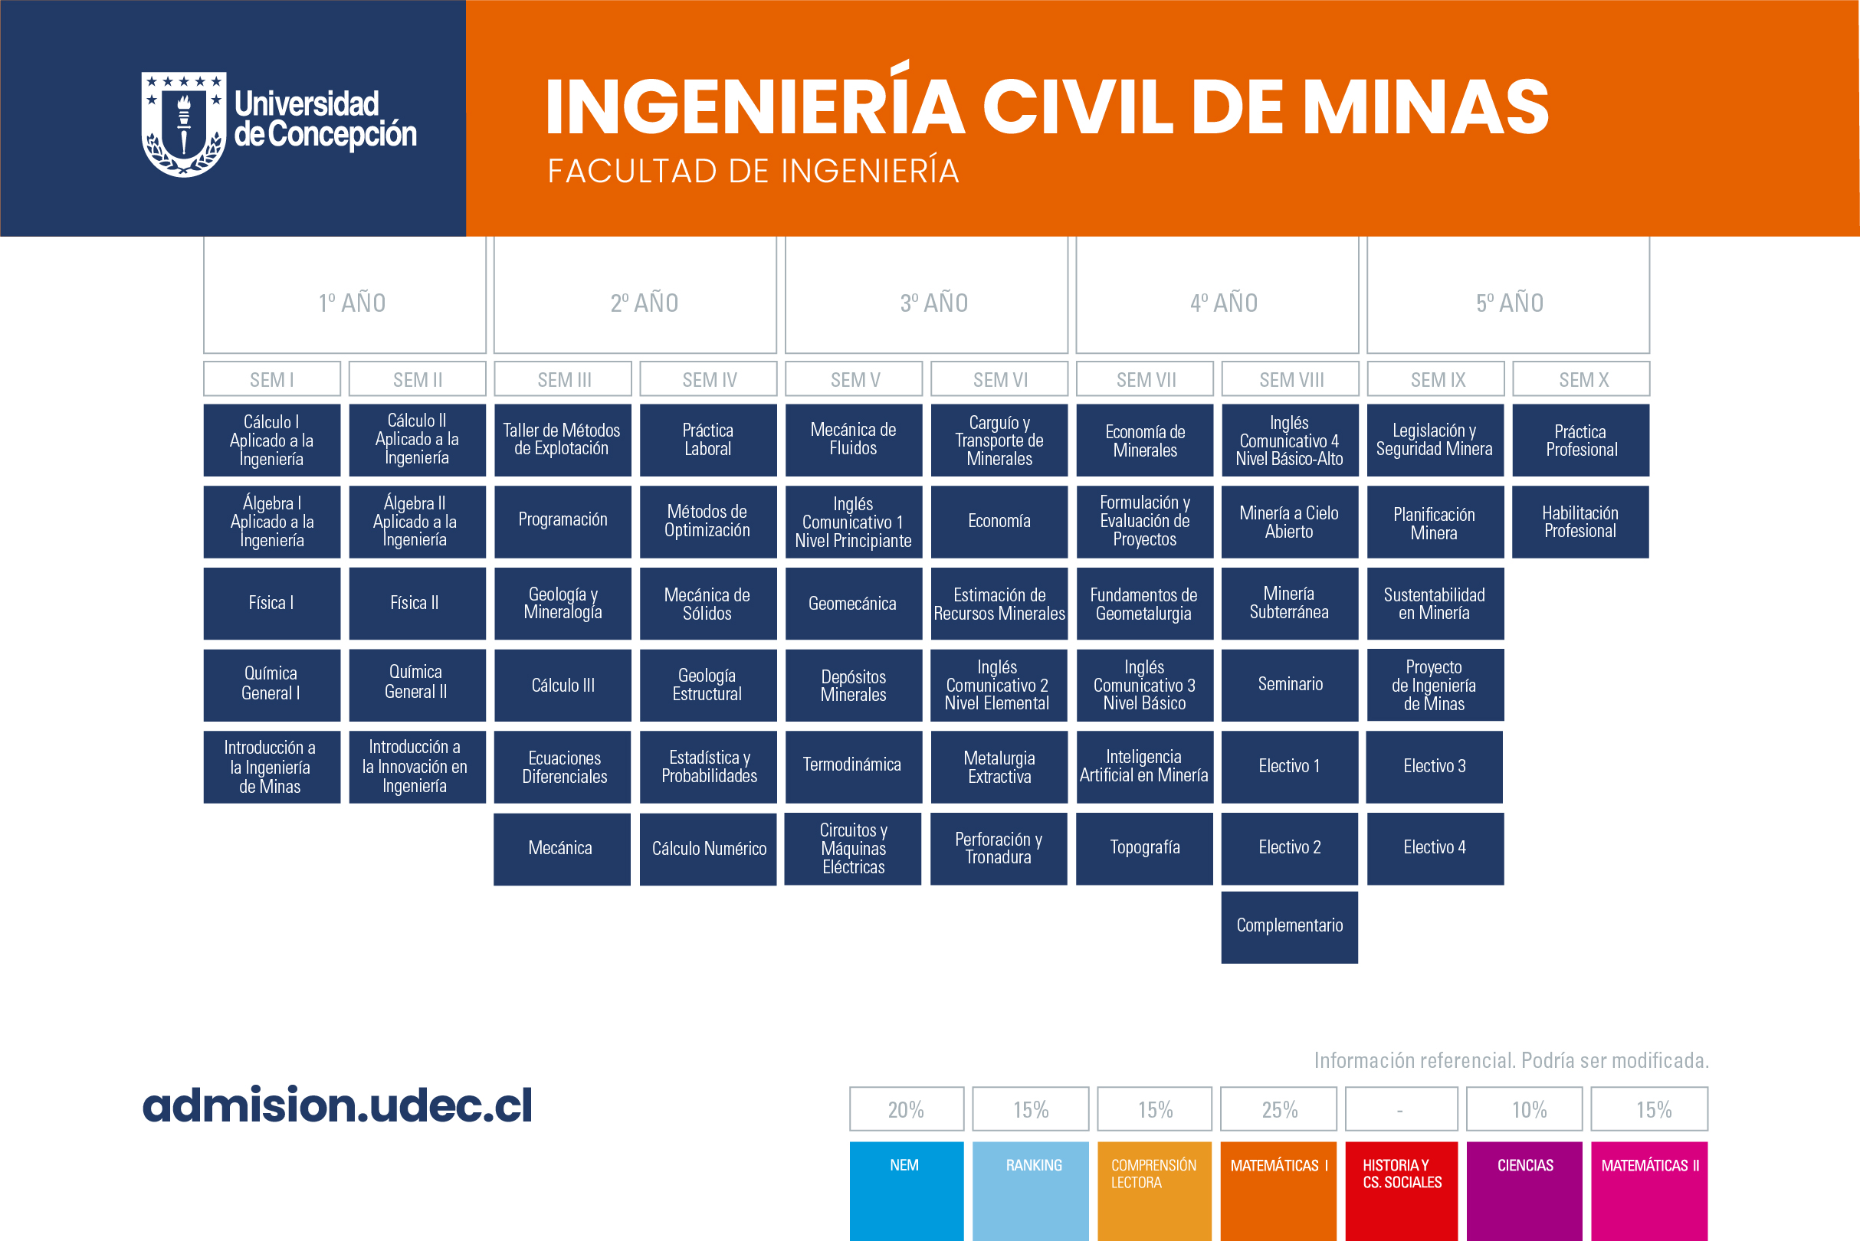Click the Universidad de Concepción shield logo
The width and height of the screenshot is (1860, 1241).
tap(184, 124)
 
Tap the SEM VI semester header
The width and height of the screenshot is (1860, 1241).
tap(999, 379)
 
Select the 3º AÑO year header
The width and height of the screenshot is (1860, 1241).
tap(927, 295)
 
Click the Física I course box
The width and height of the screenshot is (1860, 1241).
tap(271, 603)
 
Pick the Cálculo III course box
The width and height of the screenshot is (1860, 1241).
tap(563, 686)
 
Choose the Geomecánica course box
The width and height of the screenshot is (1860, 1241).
tap(854, 603)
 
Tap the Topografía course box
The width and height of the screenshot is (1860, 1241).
tap(1144, 849)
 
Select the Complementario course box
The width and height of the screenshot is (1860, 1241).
tap(1289, 927)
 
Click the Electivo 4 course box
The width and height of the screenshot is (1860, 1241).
tap(1435, 849)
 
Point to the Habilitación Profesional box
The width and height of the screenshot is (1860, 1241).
tap(1580, 522)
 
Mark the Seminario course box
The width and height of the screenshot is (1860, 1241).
tap(1290, 686)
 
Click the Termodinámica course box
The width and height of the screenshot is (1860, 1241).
tap(854, 767)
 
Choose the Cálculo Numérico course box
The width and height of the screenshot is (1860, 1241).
tap(708, 850)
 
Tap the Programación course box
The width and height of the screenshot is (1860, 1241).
tap(563, 522)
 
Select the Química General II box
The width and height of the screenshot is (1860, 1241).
tap(417, 686)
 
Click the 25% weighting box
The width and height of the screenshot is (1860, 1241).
tap(1278, 1108)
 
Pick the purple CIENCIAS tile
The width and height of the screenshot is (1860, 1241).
tap(1524, 1191)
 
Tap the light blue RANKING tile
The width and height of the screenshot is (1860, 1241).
tap(1030, 1191)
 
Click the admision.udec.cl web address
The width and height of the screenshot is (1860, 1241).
tap(337, 1105)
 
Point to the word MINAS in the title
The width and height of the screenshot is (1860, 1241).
tap(1425, 106)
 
